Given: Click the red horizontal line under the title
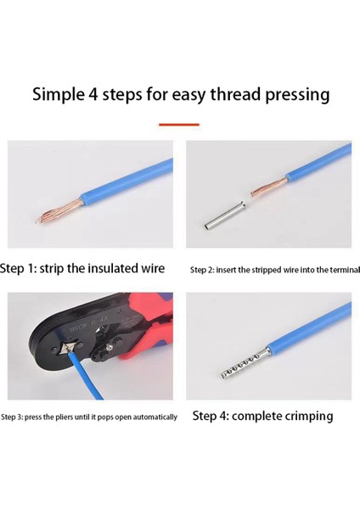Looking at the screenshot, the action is [x=179, y=125].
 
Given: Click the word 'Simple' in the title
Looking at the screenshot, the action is [x=58, y=95].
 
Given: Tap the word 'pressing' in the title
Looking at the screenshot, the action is [x=297, y=95].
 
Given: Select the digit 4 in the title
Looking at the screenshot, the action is [x=93, y=94].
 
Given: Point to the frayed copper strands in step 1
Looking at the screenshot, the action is [x=59, y=211].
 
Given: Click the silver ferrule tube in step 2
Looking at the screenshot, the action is [x=225, y=215].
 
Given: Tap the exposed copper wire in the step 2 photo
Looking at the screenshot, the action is [x=268, y=188].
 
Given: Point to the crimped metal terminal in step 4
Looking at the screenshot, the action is [x=245, y=364].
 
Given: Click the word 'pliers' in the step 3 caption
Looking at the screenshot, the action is [x=64, y=417].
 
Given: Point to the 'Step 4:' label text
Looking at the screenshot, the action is [x=211, y=416].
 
